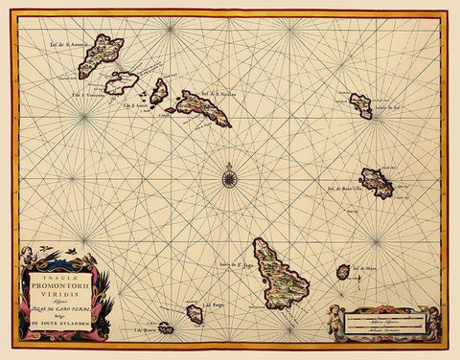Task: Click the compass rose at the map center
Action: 229,176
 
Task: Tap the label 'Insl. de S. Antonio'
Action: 70,43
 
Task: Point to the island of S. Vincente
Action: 121,83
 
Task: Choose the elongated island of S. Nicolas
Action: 202,108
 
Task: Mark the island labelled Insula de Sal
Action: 360,105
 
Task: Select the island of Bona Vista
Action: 376,182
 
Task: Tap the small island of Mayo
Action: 343,272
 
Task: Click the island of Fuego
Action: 195,314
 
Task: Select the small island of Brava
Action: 165,328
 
